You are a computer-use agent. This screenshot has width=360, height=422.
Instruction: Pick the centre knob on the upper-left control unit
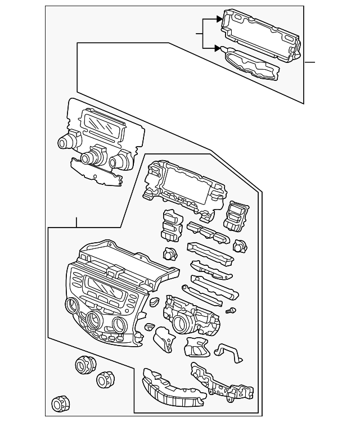[x=89, y=158]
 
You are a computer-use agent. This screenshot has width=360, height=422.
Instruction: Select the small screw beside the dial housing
[x=229, y=311]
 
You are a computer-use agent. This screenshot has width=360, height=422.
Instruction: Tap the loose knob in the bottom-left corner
[x=58, y=403]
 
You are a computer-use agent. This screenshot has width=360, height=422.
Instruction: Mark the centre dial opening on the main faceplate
[x=93, y=321]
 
